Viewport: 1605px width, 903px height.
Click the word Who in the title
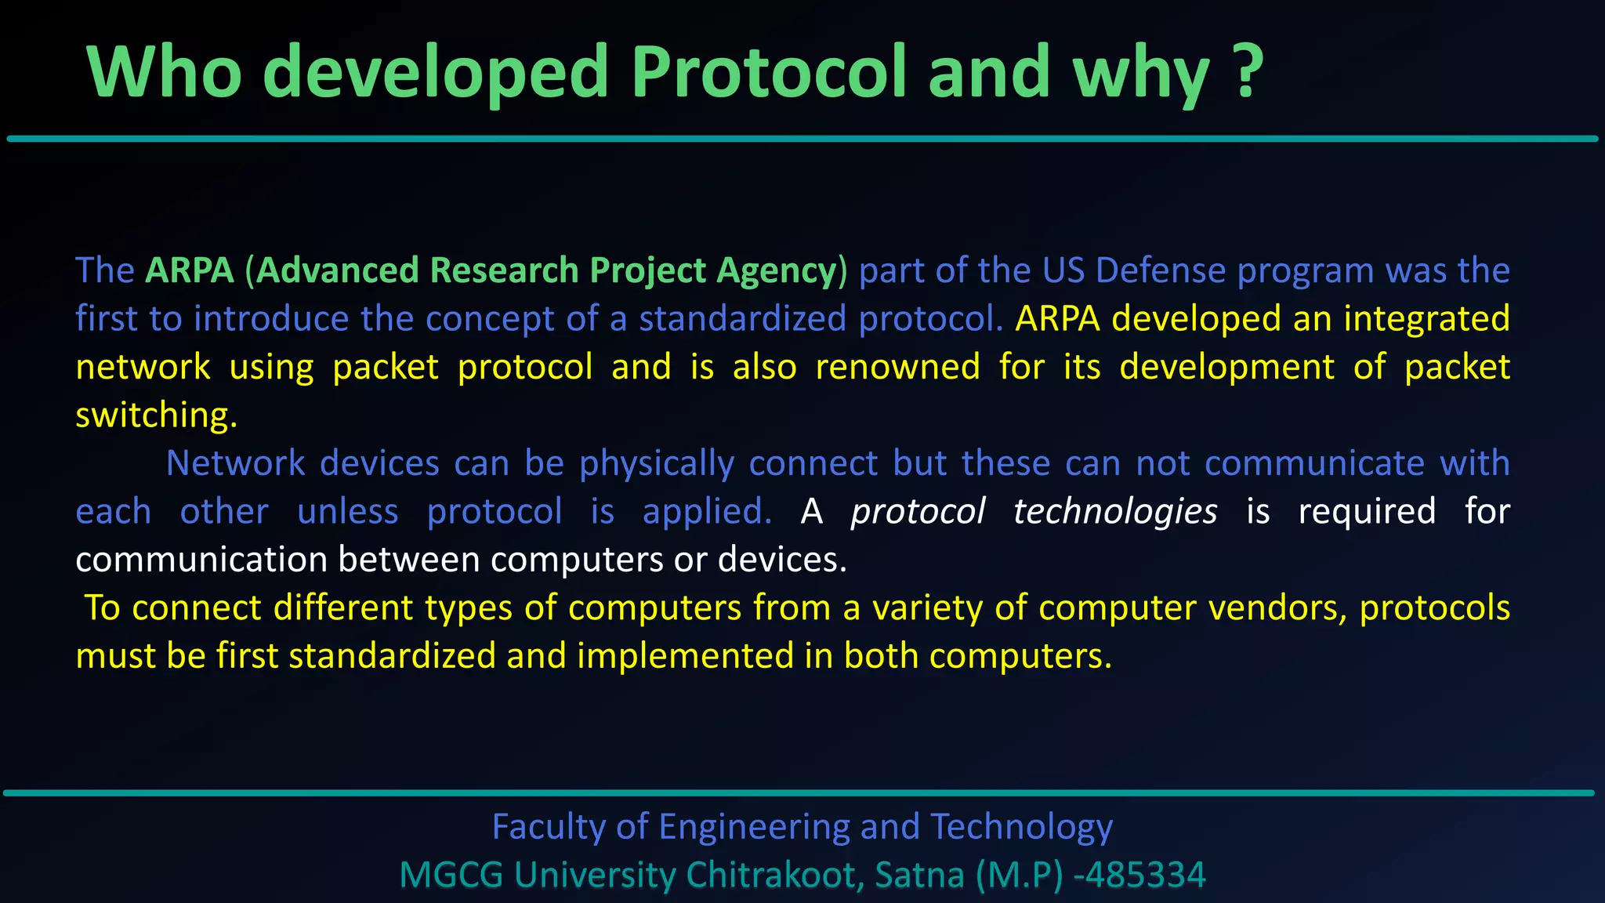[165, 72]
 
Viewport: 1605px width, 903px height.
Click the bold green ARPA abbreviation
[190, 270]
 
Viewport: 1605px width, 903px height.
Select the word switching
[156, 415]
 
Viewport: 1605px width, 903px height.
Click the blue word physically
[657, 463]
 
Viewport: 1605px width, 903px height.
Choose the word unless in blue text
[348, 512]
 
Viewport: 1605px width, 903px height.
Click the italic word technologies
[1115, 512]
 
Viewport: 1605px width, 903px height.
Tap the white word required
[1367, 512]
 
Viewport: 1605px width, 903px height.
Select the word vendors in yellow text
[1277, 608]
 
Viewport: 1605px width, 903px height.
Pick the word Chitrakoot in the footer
[774, 876]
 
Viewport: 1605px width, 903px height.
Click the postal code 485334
[1145, 876]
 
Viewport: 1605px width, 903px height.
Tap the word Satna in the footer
[919, 876]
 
